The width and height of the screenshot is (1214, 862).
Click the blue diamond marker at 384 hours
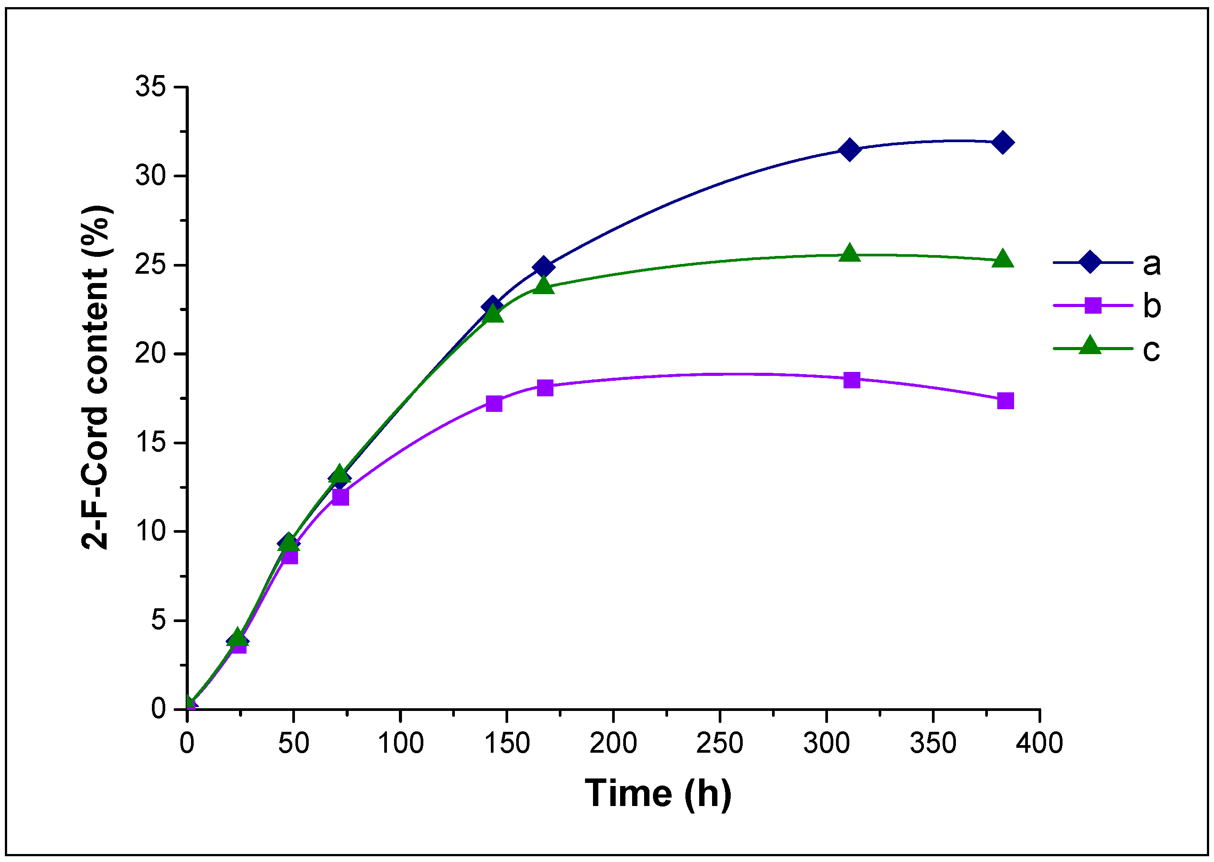1002,143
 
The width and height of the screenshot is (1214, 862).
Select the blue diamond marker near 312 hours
849,150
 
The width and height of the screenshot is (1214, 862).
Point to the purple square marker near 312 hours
852,380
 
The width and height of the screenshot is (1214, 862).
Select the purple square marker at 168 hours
545,388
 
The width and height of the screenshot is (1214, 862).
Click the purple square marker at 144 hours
494,403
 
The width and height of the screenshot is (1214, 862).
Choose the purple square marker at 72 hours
341,497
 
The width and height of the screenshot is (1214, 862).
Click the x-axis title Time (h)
658,794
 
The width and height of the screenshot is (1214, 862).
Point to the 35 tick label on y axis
151,87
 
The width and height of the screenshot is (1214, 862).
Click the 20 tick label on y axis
151,354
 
